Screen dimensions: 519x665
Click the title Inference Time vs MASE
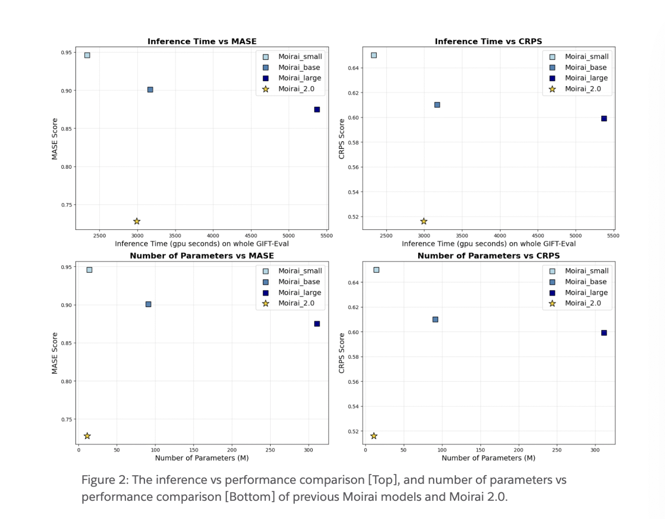click(202, 42)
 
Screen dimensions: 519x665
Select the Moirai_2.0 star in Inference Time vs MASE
click(137, 221)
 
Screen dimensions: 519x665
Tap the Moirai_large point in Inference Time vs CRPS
click(604, 119)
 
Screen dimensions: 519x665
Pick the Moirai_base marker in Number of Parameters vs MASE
click(148, 304)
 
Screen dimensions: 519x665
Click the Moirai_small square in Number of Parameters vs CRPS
click(376, 270)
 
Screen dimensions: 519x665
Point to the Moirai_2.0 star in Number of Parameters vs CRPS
click(374, 436)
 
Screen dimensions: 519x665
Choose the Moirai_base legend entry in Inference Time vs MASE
click(299, 68)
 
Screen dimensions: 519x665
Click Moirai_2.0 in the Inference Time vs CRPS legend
click(583, 89)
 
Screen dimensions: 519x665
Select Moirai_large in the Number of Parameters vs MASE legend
click(300, 293)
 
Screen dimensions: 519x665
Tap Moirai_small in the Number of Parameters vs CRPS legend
click(587, 271)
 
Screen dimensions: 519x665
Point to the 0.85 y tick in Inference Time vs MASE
click(66, 129)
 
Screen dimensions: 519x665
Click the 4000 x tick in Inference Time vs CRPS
click(500, 235)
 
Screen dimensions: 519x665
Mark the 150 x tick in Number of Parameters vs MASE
click(194, 450)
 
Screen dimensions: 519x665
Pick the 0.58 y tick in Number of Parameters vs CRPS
click(353, 357)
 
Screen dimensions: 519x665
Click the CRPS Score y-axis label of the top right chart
click(342, 139)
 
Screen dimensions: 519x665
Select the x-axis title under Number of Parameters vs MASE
click(202, 458)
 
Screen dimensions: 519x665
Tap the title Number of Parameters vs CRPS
click(488, 256)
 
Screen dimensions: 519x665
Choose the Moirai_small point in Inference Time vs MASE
click(87, 55)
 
